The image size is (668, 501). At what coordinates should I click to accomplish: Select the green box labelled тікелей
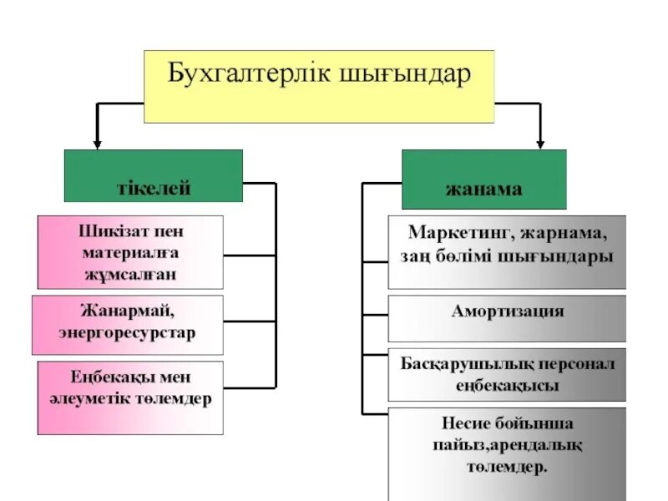click(154, 175)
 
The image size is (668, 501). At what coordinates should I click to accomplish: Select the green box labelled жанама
click(483, 179)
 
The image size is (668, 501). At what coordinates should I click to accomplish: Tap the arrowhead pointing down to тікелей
click(98, 144)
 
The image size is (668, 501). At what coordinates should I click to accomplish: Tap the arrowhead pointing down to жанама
click(540, 144)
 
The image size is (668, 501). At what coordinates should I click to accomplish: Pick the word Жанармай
click(127, 311)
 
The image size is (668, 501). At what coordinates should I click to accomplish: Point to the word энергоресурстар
click(127, 332)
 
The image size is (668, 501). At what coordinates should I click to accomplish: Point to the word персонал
click(582, 365)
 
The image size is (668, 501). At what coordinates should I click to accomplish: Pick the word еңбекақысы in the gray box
click(507, 386)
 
